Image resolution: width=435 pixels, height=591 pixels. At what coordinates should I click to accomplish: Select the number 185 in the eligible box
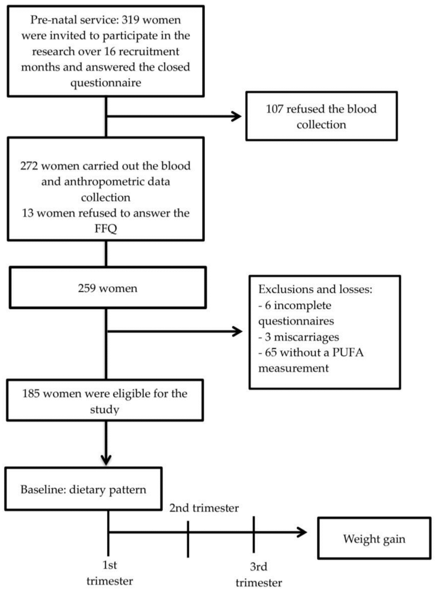click(31, 394)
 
